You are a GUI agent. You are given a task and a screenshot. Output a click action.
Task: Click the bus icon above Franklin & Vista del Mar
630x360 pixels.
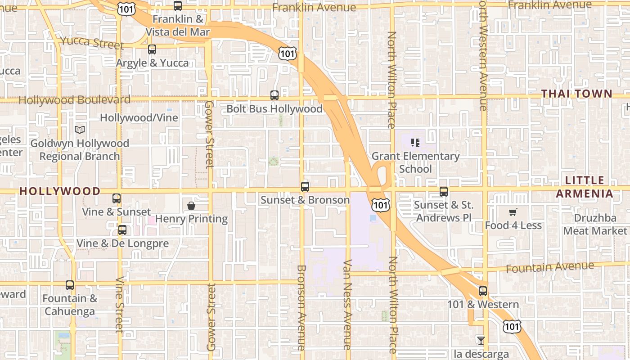(178, 6)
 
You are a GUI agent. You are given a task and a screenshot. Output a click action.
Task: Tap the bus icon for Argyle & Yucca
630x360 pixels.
(152, 49)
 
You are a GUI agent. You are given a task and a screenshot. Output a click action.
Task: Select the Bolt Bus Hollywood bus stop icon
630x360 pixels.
(274, 95)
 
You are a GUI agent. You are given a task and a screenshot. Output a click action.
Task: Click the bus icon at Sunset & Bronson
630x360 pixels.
(305, 186)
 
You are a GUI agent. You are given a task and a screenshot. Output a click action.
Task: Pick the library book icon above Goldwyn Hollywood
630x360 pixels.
(80, 130)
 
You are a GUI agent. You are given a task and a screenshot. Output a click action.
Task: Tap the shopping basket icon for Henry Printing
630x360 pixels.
(191, 206)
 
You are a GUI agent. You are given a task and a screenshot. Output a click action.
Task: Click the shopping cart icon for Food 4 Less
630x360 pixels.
(513, 212)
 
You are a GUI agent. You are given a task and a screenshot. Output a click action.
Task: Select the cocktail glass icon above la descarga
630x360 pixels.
(481, 340)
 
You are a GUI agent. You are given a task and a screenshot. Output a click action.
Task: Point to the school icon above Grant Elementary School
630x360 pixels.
(415, 143)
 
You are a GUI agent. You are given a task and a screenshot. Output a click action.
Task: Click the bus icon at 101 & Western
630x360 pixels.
(483, 291)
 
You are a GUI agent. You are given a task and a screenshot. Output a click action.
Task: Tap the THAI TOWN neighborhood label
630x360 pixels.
(576, 94)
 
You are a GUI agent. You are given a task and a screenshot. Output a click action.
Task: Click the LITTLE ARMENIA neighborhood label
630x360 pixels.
(585, 187)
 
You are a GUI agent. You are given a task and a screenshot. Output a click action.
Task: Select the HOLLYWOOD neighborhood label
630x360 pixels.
(60, 191)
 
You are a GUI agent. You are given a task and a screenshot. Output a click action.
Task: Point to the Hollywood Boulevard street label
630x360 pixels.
(75, 100)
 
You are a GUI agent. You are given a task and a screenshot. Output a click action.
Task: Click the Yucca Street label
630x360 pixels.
(92, 43)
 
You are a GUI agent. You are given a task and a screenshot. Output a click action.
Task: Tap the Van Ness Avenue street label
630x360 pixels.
(347, 305)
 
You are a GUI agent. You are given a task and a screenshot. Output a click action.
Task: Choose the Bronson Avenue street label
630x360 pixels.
(301, 307)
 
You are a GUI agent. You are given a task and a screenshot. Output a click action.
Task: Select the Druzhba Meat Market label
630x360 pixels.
(595, 225)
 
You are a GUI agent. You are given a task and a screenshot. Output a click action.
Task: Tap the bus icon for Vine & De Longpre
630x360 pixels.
(122, 230)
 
